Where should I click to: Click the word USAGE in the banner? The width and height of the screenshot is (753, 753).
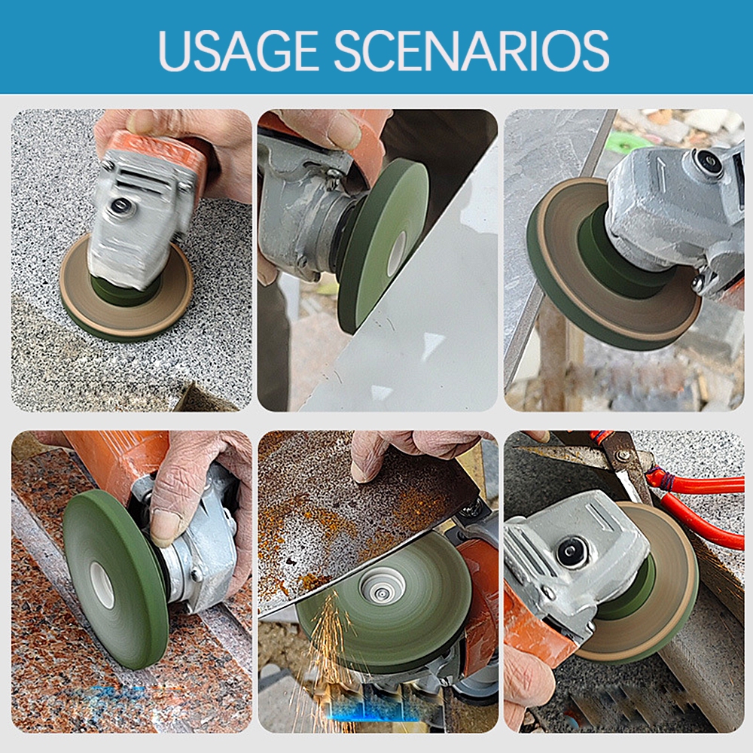[238, 50]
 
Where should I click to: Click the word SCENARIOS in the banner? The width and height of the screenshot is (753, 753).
[471, 50]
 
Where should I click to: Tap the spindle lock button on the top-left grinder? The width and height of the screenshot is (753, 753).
[117, 206]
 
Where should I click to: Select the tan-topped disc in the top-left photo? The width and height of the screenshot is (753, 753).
[127, 288]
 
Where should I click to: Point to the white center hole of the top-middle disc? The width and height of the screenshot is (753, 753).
[396, 254]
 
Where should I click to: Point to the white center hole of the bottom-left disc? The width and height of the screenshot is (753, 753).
[102, 586]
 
